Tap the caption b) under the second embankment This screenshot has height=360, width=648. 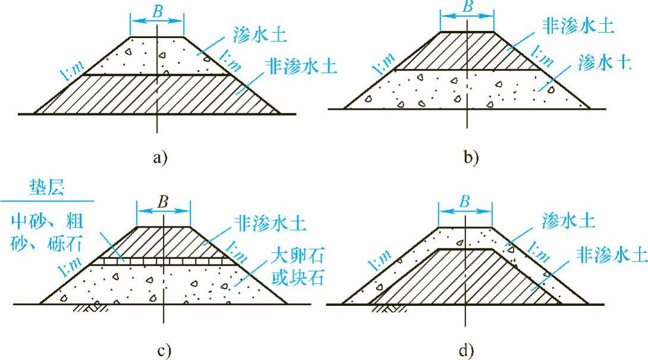coord(470,157)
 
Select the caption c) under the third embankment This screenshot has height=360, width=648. coord(164,350)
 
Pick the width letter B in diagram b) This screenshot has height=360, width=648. coord(467,8)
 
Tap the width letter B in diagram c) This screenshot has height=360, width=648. coord(163,201)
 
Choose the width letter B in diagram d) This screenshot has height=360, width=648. coord(465,202)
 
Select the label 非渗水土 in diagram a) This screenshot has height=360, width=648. coord(303,65)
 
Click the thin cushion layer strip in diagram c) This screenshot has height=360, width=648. coord(161,260)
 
